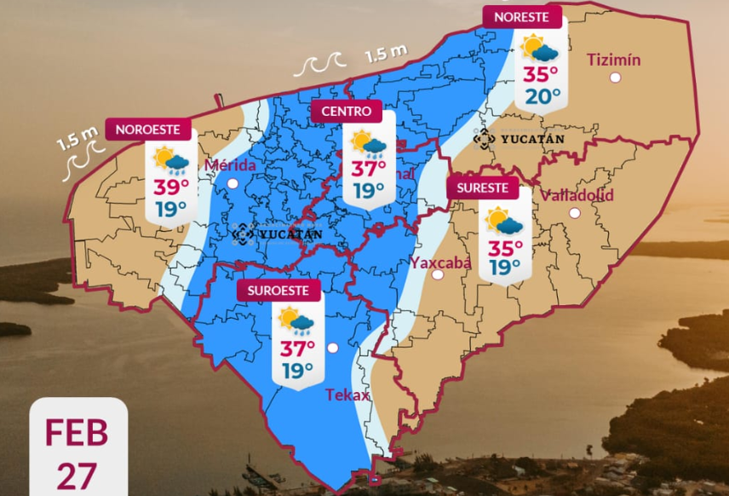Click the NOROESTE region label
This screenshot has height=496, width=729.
(x=147, y=130)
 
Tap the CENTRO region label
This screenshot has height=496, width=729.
(x=346, y=112)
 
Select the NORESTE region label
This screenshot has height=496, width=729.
(x=521, y=17)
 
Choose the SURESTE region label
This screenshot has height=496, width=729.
(x=482, y=188)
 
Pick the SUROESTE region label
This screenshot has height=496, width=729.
(x=278, y=291)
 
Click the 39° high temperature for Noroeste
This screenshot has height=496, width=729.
(x=171, y=188)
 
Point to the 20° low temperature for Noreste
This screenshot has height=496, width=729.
(x=542, y=95)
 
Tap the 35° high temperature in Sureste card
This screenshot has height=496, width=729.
(x=505, y=248)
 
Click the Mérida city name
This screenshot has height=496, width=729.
(x=231, y=164)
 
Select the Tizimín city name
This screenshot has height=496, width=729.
(x=614, y=60)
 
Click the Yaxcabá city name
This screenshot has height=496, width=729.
(x=440, y=262)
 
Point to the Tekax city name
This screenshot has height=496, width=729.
(x=347, y=395)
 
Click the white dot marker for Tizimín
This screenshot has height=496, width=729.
(x=615, y=78)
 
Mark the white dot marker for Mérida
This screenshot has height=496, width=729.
(x=232, y=182)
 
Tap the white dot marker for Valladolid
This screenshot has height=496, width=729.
(x=575, y=213)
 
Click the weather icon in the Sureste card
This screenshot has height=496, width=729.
(x=504, y=221)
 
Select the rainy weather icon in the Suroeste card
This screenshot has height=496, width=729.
(x=296, y=321)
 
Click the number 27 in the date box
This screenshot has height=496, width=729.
(x=77, y=476)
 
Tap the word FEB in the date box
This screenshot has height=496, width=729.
(x=77, y=432)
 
